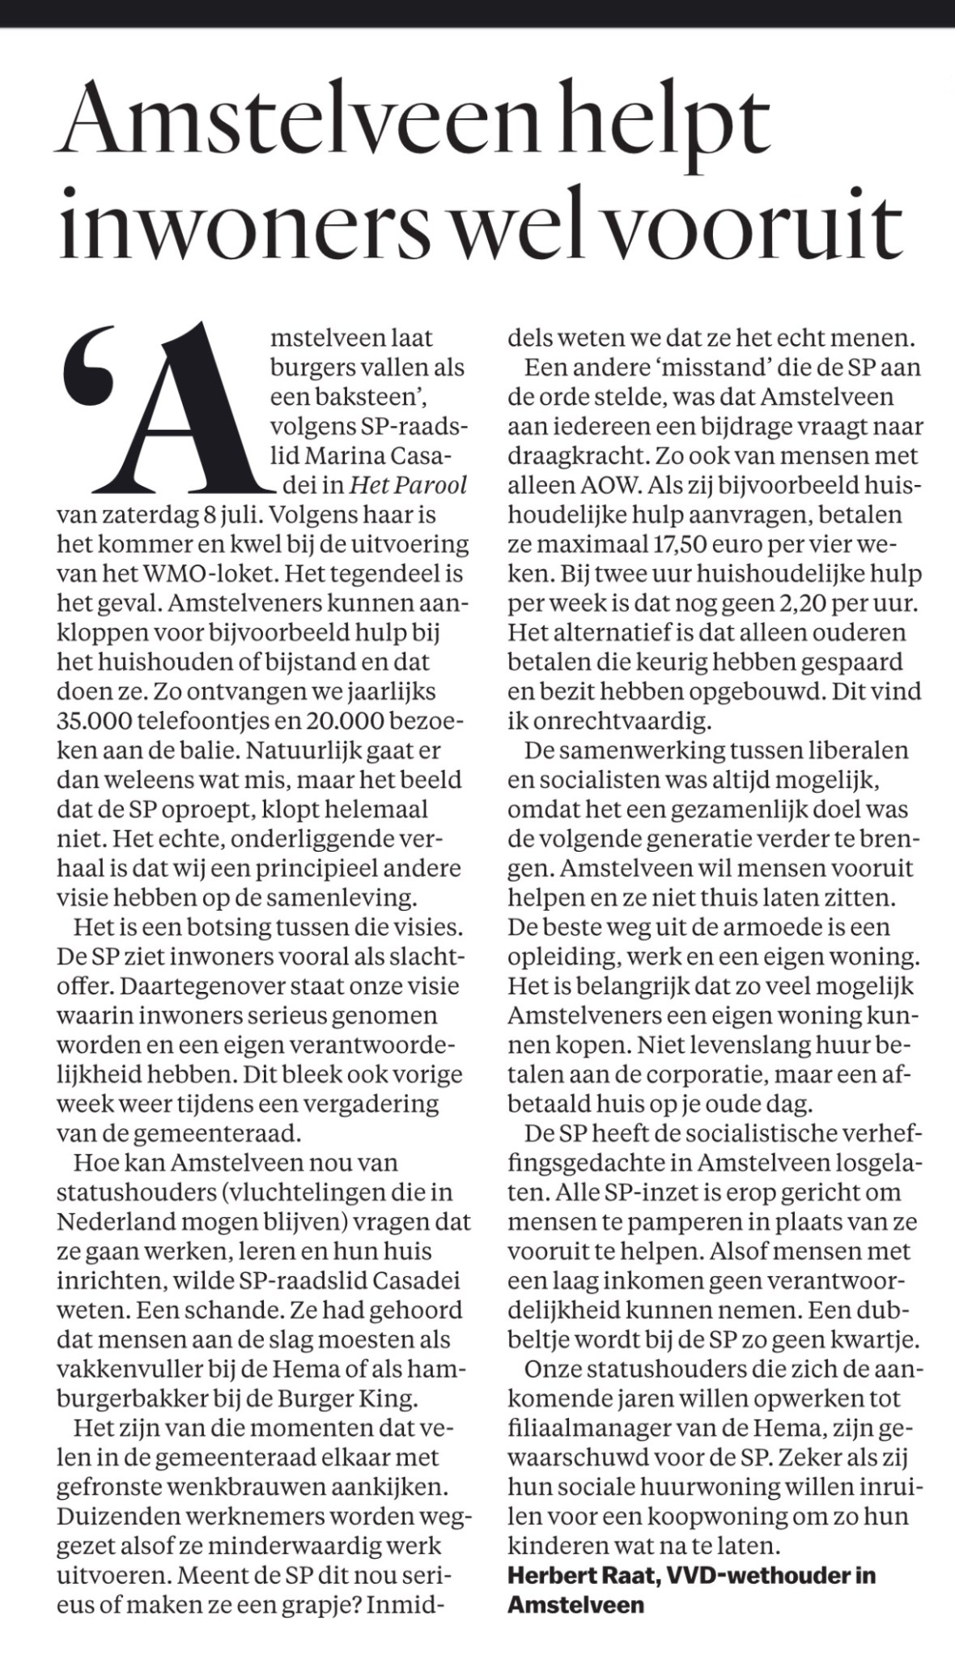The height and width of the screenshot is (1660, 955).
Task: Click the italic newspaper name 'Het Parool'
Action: pos(409,484)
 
